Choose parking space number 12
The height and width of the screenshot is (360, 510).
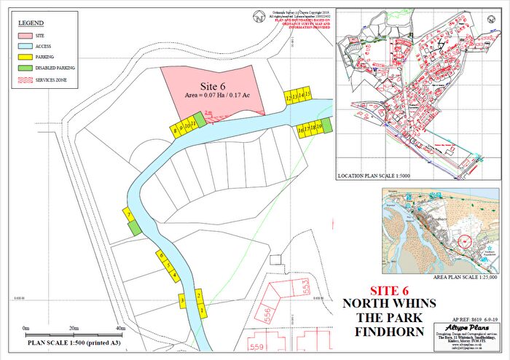pyautogui.click(x=289, y=96)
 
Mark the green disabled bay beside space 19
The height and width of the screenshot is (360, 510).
pyautogui.click(x=326, y=127)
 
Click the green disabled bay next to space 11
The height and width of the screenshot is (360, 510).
pyautogui.click(x=198, y=120)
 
